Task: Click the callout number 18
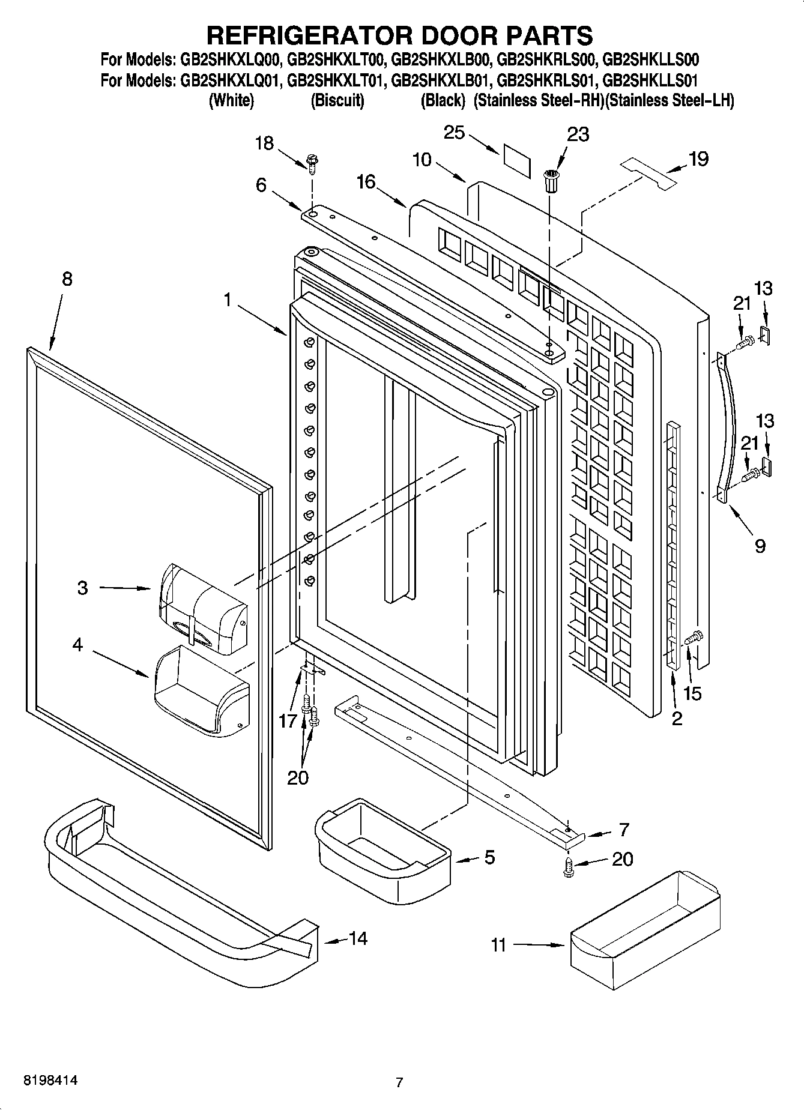tap(264, 143)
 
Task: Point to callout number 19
tap(698, 159)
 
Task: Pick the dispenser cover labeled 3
tap(202, 610)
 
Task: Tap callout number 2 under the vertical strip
tap(677, 719)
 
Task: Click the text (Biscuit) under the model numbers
tap(337, 100)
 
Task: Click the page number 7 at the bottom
tap(399, 1082)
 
